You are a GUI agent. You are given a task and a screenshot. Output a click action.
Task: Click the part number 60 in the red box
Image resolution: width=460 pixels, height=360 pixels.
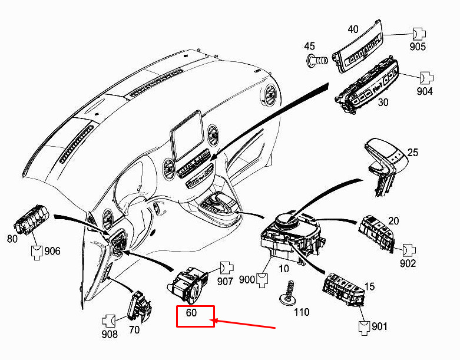tap(191, 313)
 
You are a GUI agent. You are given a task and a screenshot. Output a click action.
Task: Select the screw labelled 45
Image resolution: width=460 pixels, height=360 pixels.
tap(317, 61)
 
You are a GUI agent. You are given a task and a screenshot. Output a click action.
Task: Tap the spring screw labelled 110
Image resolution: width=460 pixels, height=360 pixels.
tap(289, 295)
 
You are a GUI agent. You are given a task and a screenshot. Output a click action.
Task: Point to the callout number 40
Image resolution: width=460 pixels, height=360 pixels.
tap(353, 29)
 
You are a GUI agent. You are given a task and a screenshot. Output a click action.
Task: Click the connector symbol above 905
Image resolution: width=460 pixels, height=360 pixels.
tap(419, 34)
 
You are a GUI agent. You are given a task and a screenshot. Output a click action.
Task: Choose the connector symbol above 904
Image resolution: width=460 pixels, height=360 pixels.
tap(427, 78)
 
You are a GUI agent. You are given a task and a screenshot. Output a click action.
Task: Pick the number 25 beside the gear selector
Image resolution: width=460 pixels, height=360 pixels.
tap(413, 153)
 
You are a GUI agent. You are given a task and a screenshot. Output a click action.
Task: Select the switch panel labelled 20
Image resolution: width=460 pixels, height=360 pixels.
tap(376, 233)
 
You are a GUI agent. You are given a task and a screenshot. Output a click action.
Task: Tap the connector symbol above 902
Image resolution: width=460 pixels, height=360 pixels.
tap(409, 250)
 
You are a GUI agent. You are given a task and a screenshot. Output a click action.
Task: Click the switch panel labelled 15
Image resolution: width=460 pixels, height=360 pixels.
tap(343, 289)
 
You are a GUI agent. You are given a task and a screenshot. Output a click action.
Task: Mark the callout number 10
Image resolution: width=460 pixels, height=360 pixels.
tap(284, 269)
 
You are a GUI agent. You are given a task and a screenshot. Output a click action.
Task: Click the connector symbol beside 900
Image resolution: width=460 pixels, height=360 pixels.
tap(262, 280)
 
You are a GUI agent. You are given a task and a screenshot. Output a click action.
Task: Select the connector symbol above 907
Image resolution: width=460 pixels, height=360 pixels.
tap(227, 267)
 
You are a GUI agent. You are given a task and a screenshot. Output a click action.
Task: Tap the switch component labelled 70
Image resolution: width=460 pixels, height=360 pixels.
tap(140, 305)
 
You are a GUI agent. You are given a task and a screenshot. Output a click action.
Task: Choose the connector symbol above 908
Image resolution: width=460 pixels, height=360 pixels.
tap(108, 321)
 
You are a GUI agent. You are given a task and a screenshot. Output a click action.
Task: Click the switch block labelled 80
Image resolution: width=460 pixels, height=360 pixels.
tap(31, 220)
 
